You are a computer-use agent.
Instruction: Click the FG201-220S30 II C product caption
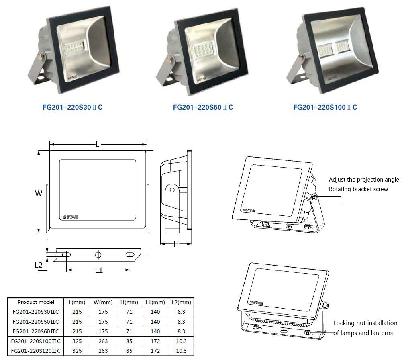[73, 107]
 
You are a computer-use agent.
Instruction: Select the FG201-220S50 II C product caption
[203, 107]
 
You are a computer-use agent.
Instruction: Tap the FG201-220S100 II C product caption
[325, 107]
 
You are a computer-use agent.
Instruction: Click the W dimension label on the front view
[39, 193]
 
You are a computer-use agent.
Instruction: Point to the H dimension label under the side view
[176, 244]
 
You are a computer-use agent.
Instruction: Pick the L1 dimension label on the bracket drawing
[99, 270]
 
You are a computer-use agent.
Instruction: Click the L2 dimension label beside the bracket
[39, 265]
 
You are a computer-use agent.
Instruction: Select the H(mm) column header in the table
[129, 302]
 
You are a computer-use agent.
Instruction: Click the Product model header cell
[36, 302]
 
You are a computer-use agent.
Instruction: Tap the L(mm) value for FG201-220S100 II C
[77, 341]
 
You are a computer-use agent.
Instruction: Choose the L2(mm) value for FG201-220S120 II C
[181, 351]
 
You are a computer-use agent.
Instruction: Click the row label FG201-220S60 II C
[36, 331]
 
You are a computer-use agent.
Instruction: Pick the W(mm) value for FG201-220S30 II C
[103, 312]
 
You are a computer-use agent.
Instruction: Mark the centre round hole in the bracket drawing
[98, 255]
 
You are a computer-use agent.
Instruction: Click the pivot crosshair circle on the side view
[172, 190]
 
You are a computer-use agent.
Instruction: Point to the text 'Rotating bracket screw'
[358, 189]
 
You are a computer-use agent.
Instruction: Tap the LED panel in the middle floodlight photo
[202, 49]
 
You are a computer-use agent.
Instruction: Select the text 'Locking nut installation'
[365, 323]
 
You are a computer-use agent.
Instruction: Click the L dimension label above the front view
[98, 145]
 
